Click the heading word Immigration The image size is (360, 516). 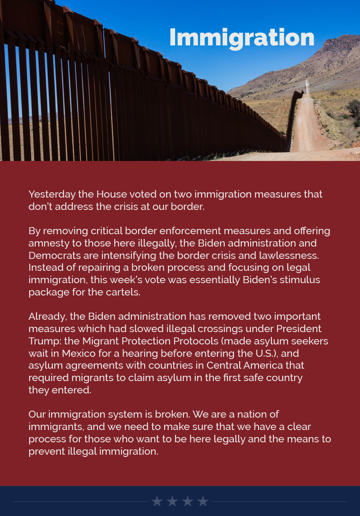[x=242, y=38]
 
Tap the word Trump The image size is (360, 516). [x=42, y=341]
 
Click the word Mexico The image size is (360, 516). [x=81, y=354]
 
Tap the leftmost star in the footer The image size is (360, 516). [x=157, y=501]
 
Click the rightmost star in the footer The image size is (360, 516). [x=203, y=501]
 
